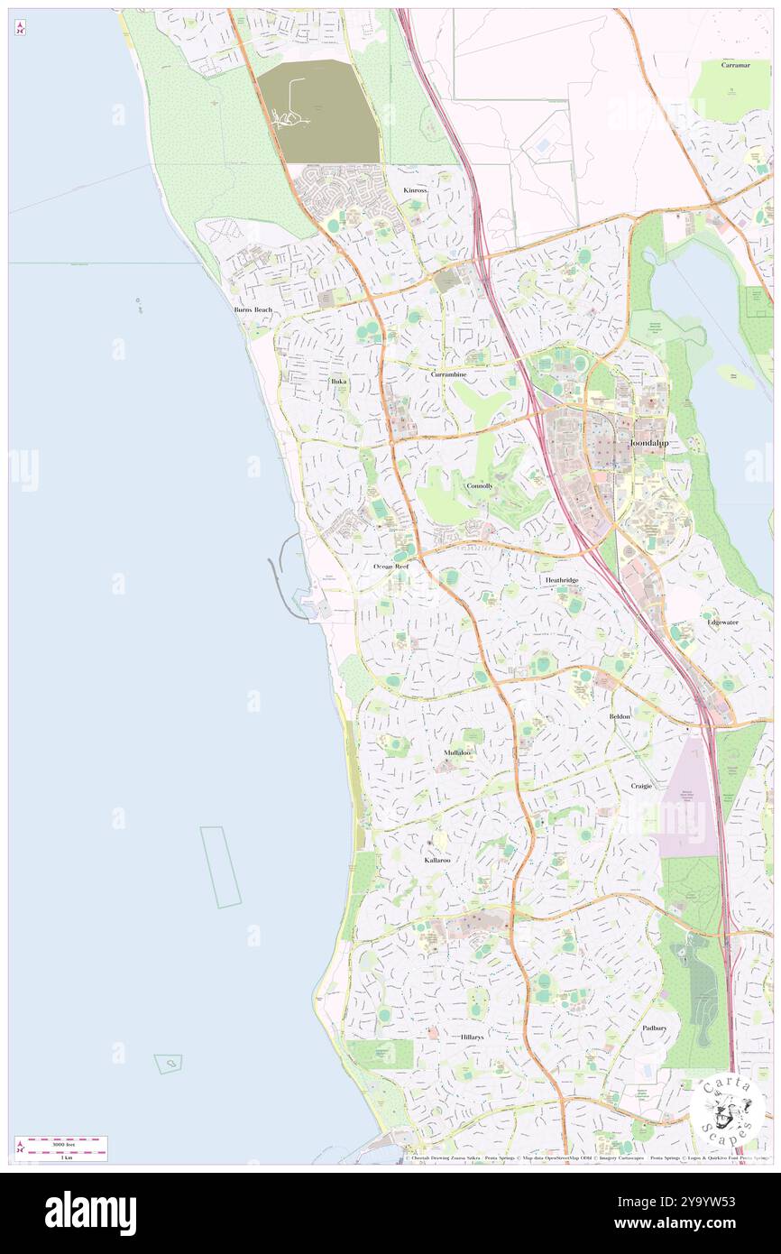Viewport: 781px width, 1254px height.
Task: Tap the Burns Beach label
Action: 253,310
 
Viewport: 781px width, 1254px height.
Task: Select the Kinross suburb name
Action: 416,191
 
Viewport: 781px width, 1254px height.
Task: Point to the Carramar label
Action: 736,65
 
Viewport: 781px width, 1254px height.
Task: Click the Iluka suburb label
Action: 337,382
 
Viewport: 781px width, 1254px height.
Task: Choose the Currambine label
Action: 448,373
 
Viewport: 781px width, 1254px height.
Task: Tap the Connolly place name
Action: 480,485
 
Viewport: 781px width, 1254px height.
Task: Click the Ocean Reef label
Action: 391,567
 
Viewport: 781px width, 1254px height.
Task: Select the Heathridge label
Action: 561,580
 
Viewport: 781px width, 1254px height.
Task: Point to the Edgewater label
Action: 722,622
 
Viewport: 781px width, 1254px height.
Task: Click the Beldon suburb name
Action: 620,716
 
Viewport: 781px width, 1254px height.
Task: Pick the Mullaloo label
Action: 457,752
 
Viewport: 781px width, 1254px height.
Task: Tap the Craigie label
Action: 641,786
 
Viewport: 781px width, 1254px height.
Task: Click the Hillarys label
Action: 472,1037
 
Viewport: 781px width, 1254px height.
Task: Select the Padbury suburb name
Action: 655,1028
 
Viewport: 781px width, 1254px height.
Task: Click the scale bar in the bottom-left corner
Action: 61,1148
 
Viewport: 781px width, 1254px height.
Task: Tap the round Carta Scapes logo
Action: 727,1111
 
